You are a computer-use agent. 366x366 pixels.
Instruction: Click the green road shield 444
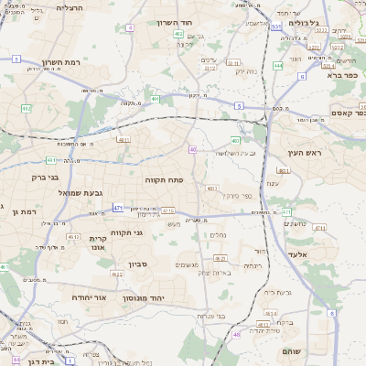coord(277,66)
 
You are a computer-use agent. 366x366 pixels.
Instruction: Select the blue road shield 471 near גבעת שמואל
coord(118,209)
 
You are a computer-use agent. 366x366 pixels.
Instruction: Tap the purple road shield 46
coord(3,267)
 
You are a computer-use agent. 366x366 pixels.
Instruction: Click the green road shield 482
coord(26,108)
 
